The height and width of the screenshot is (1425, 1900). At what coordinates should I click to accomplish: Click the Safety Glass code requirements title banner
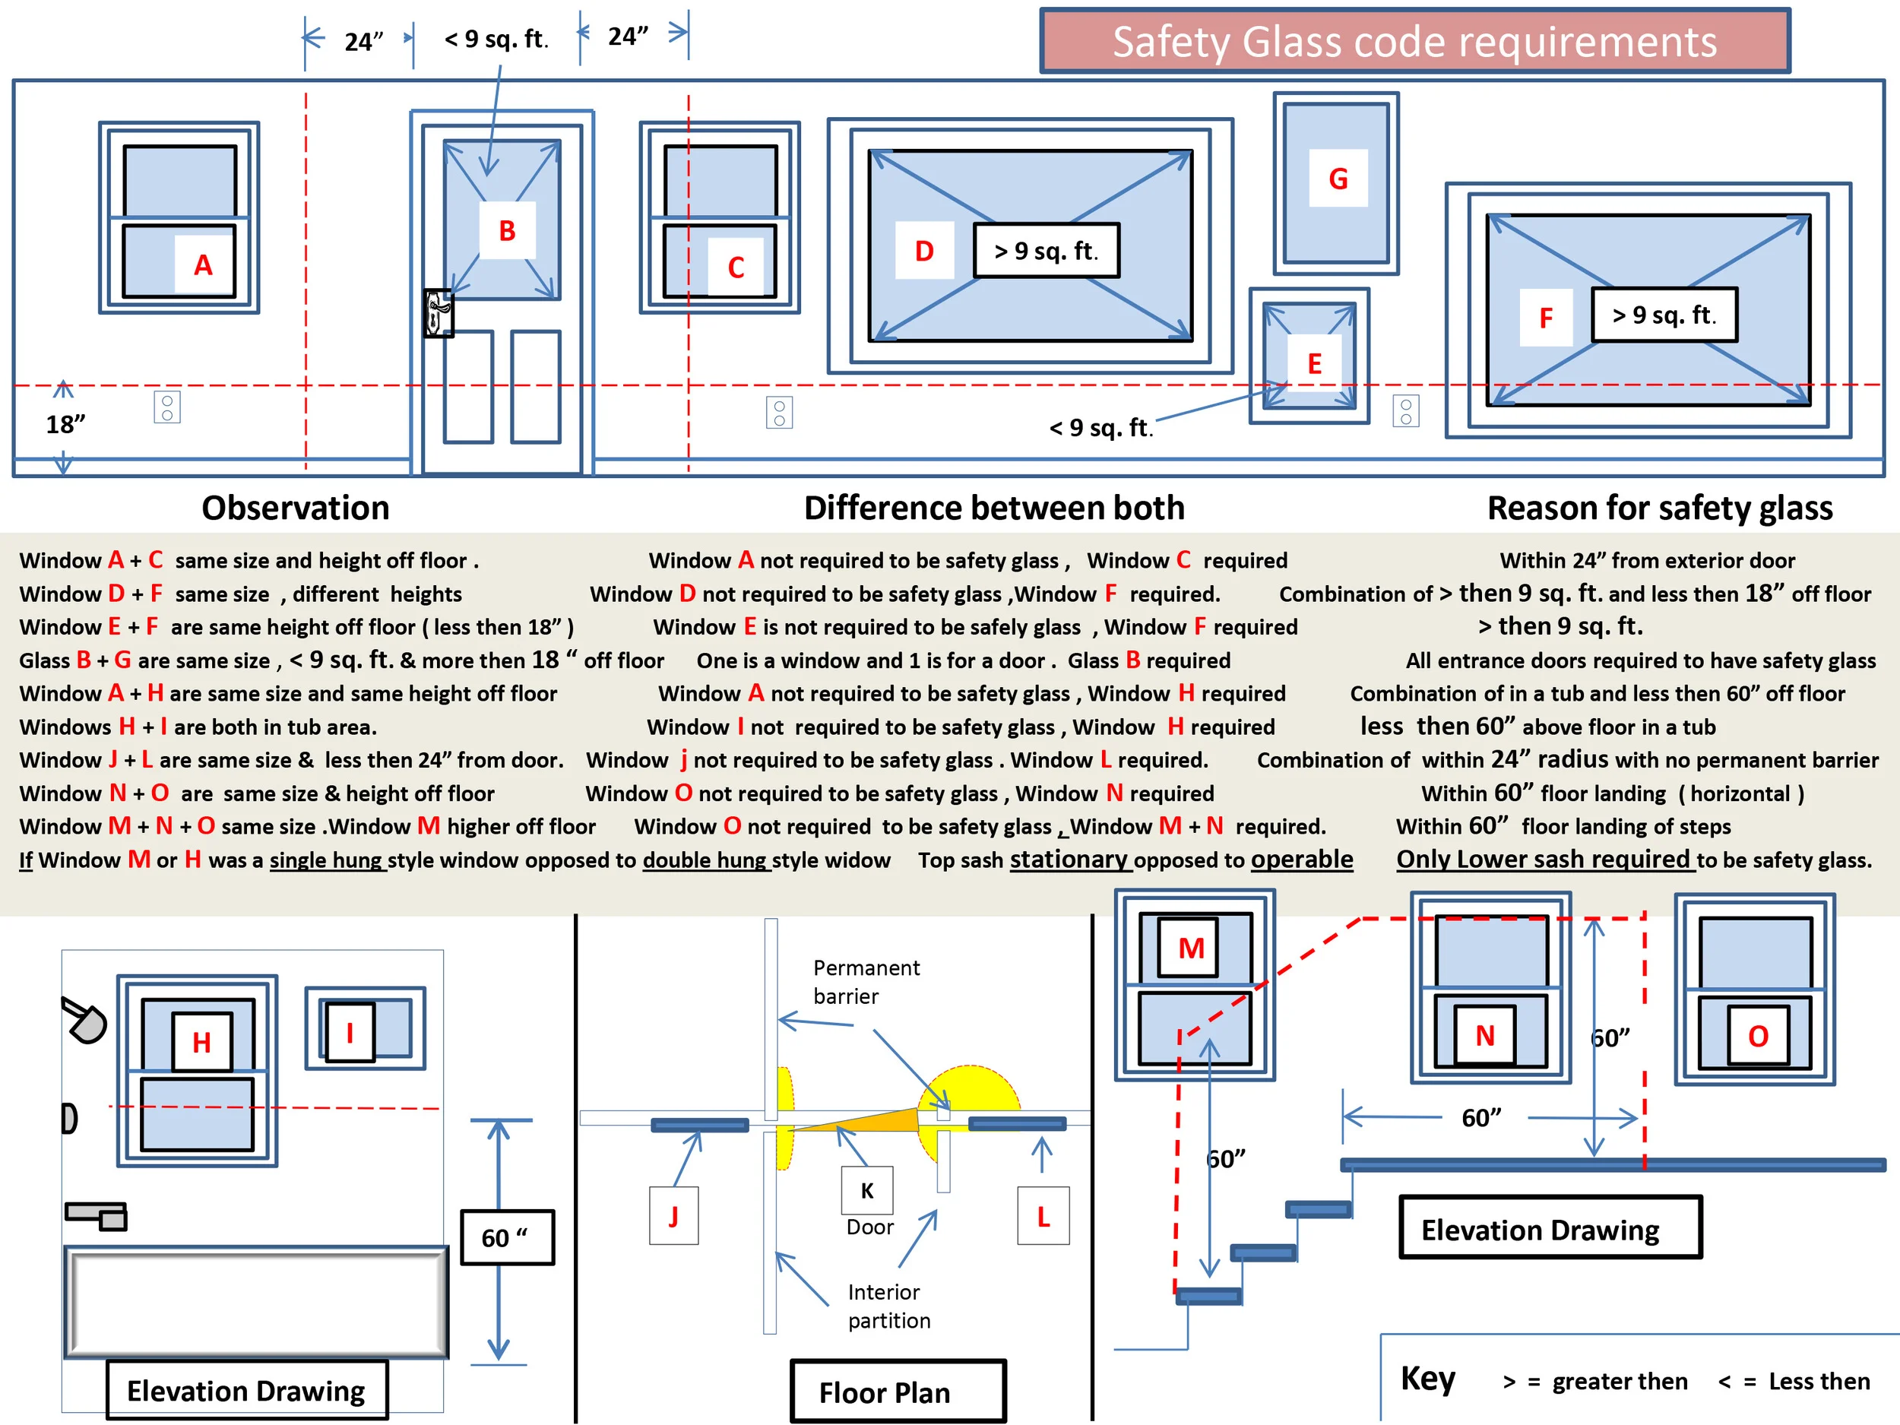(x=1414, y=41)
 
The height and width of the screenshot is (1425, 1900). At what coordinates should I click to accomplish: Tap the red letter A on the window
(x=203, y=264)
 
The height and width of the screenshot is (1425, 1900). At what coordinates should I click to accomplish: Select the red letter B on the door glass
(x=507, y=230)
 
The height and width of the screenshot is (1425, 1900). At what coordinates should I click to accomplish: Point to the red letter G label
(x=1338, y=179)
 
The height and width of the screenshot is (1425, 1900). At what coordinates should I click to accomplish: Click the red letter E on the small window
(x=1314, y=363)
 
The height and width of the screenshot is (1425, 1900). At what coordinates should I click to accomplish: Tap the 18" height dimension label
(x=66, y=424)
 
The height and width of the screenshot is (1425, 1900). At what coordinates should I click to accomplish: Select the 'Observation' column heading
(x=296, y=508)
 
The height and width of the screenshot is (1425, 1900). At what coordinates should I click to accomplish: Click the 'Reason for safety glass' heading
(x=1660, y=508)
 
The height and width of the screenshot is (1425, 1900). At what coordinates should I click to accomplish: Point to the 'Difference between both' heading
(x=994, y=508)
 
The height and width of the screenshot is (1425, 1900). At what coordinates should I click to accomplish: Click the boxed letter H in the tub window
(x=202, y=1042)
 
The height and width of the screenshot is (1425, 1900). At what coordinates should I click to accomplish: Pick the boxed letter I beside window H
(x=350, y=1032)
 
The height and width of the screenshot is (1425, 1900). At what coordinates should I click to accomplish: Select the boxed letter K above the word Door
(x=866, y=1190)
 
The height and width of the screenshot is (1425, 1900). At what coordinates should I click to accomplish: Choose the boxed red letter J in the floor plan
(x=673, y=1215)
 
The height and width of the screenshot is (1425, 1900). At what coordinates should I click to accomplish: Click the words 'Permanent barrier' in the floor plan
(x=865, y=982)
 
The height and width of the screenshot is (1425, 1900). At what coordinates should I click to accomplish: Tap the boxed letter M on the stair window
(x=1190, y=948)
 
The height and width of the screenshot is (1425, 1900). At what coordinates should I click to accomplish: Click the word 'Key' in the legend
(x=1427, y=1379)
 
